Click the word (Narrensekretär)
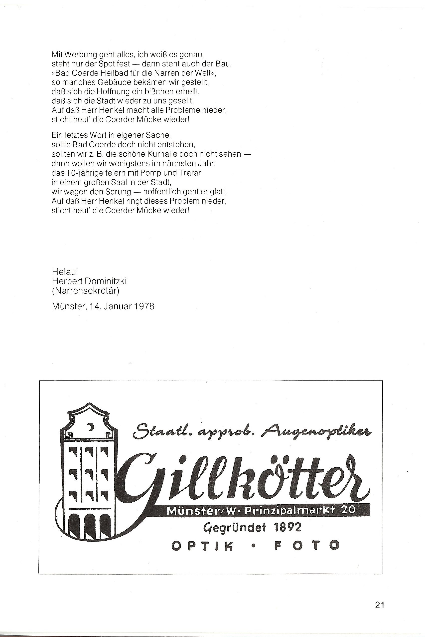85,291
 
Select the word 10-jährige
82,173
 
